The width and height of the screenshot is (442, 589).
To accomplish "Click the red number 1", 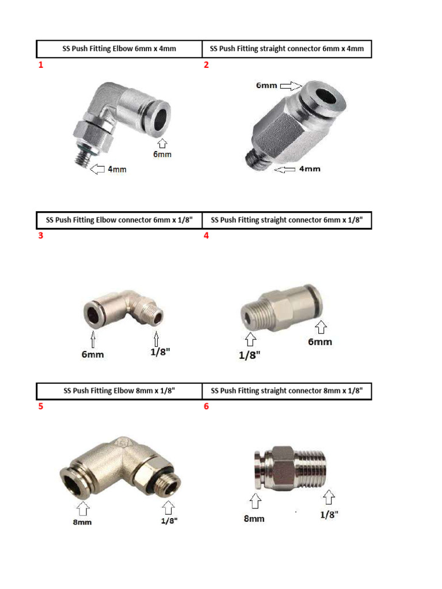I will [x=41, y=65].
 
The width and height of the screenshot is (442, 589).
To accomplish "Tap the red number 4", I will [x=206, y=235].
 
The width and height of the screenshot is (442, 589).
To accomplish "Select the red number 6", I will [x=206, y=406].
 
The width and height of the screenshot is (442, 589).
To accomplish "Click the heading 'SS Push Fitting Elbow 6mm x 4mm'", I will [x=119, y=49].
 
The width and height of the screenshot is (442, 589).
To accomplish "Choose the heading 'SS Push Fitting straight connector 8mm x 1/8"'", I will [x=287, y=391].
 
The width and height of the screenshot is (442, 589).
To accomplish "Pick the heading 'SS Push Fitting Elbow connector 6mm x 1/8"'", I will [x=119, y=220].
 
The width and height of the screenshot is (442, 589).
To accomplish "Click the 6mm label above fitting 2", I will [x=266, y=86].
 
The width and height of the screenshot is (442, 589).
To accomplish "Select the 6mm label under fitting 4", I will [x=320, y=342].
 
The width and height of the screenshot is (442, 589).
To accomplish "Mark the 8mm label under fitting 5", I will [x=82, y=522].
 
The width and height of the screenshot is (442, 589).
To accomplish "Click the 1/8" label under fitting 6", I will [x=329, y=515].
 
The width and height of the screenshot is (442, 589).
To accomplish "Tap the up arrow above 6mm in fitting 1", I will [x=162, y=143].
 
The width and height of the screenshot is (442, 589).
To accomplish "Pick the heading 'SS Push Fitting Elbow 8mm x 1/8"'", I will [x=119, y=391].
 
